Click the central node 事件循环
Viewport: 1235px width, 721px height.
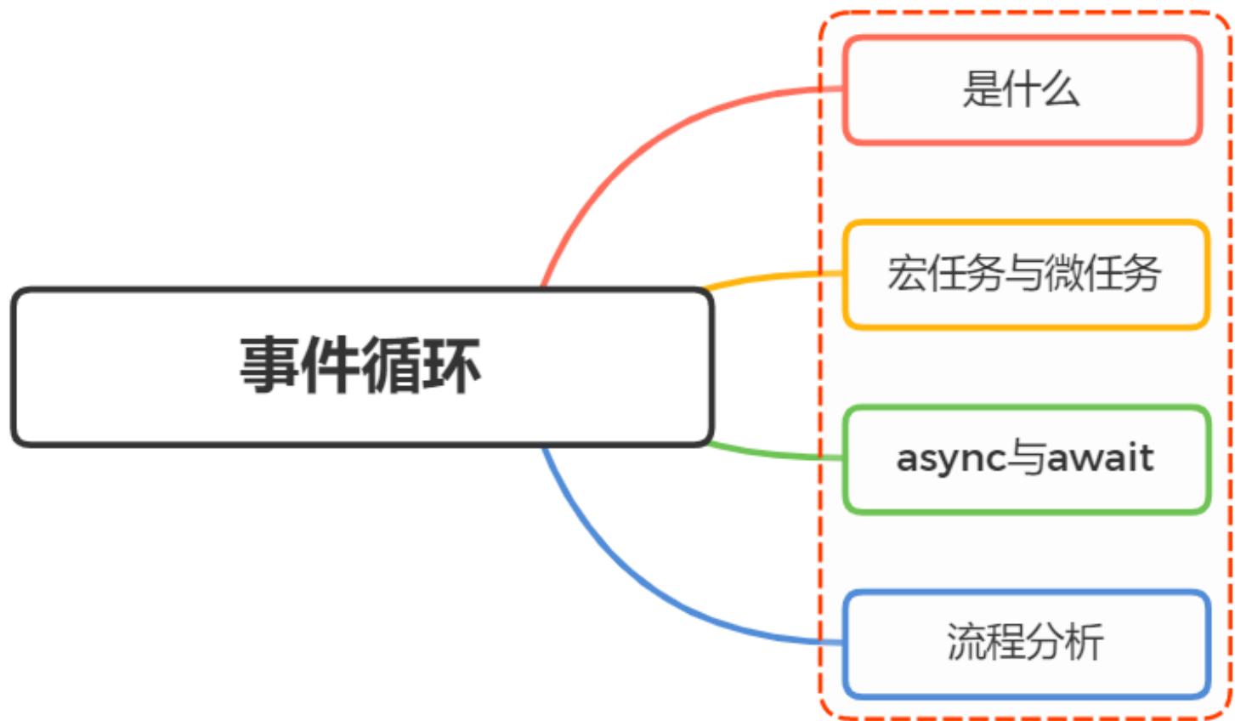click(x=361, y=366)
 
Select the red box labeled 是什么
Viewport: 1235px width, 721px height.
click(x=1022, y=89)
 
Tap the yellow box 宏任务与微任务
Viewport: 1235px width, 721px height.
click(x=1025, y=274)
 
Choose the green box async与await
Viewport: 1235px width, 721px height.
click(x=1025, y=459)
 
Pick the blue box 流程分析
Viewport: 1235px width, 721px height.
click(x=1025, y=644)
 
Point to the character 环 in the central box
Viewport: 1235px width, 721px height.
click(x=452, y=365)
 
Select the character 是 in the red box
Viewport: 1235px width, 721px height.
click(x=982, y=89)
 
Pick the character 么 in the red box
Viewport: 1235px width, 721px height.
click(x=1061, y=89)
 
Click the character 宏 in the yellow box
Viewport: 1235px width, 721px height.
click(x=906, y=274)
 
